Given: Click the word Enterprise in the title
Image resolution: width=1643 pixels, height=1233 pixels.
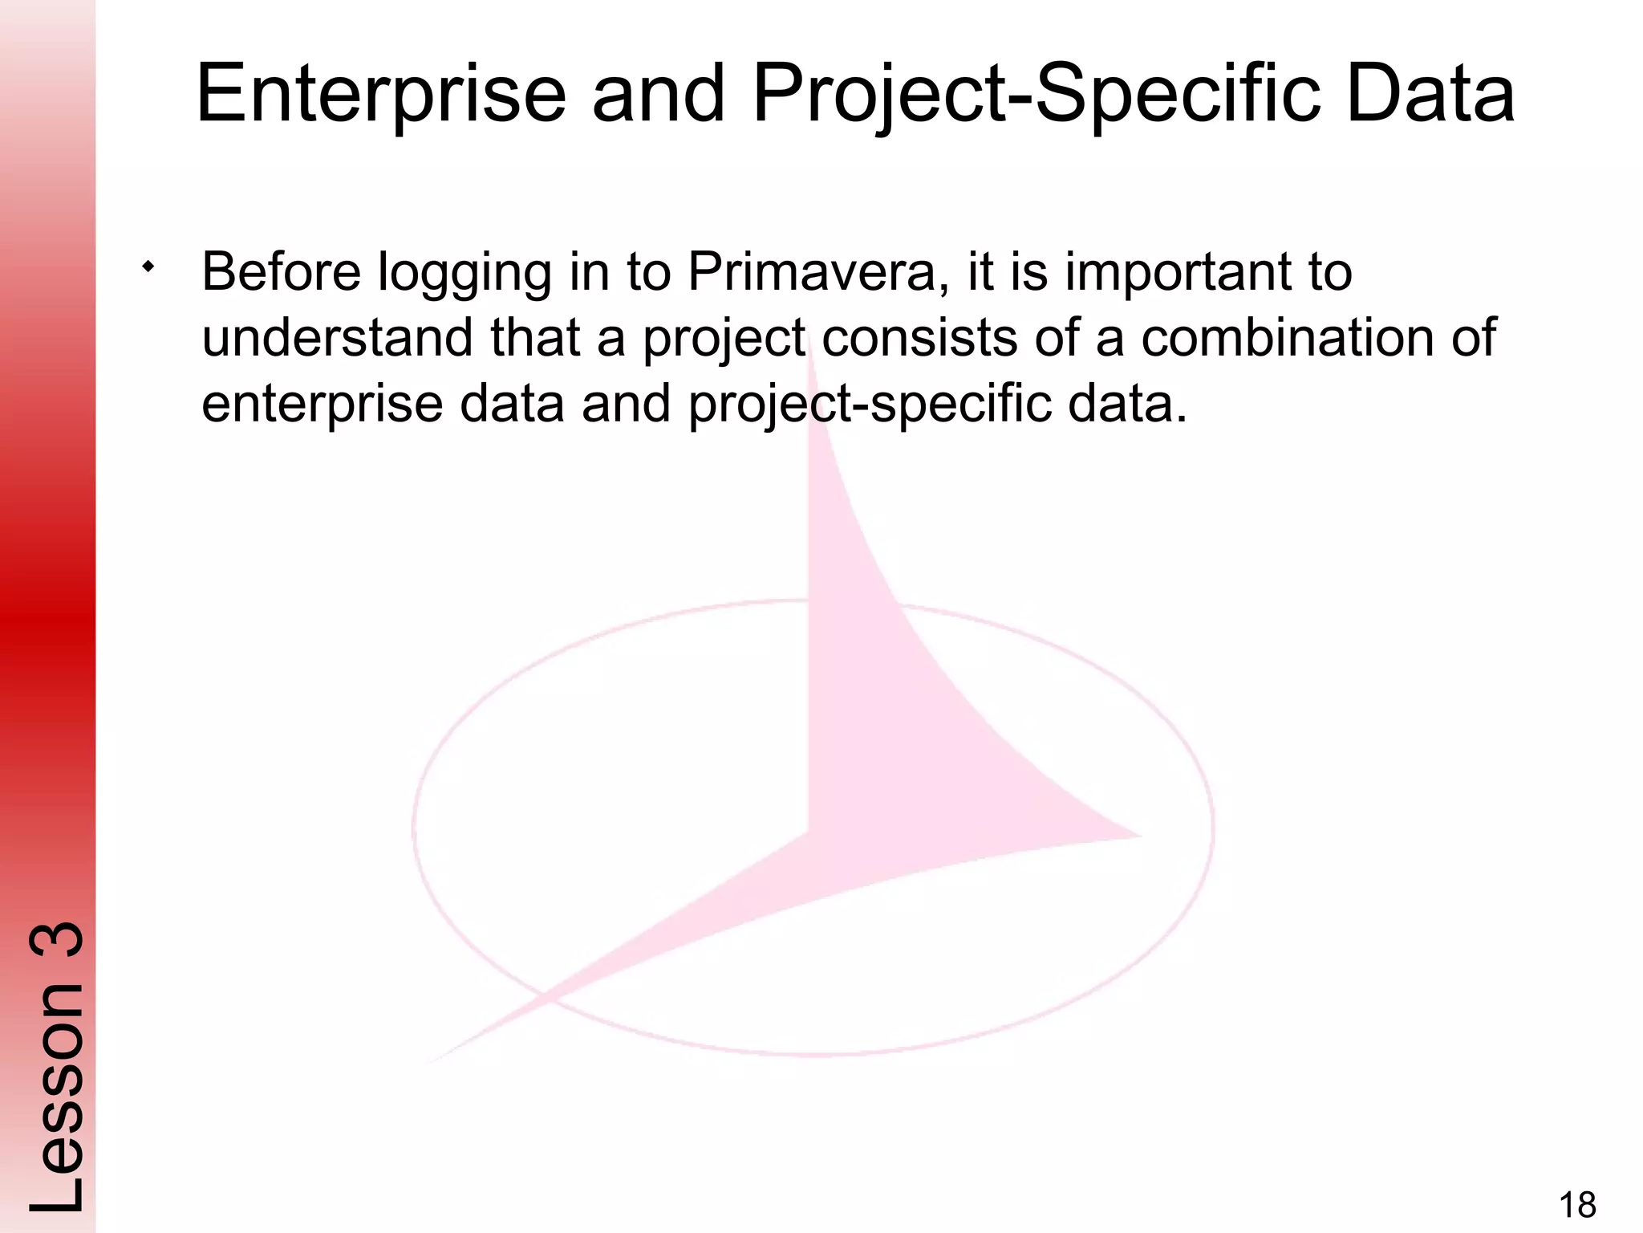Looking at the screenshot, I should (381, 96).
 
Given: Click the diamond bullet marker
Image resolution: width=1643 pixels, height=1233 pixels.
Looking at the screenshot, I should (148, 267).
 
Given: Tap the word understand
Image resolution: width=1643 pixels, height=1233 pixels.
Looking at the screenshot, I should (337, 337).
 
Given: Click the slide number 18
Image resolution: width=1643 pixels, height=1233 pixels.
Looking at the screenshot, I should (1577, 1205).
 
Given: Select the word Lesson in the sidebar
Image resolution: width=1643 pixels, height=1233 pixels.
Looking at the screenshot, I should (56, 1100).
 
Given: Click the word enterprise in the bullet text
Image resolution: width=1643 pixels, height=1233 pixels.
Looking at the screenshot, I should (322, 405).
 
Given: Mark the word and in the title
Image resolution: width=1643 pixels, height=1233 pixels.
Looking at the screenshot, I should (658, 96).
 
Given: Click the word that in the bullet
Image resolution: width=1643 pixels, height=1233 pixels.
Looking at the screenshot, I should (534, 337).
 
